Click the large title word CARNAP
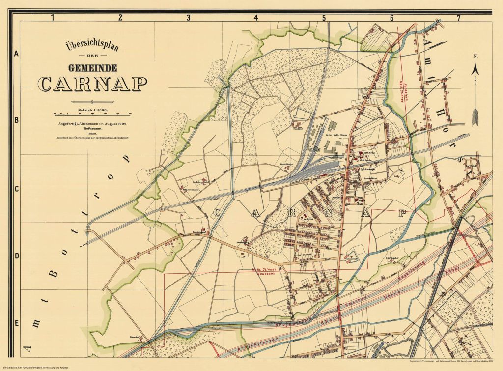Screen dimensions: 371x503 coord(92,84)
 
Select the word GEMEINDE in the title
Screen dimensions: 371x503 coord(92,68)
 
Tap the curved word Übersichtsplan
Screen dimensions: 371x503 coord(92,48)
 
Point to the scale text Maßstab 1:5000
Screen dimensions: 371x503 coord(92,110)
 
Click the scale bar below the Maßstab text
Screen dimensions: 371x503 coord(92,104)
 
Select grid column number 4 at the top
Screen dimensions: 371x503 coord(255,18)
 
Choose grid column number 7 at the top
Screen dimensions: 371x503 coord(458,18)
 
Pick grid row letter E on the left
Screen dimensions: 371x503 coord(17,323)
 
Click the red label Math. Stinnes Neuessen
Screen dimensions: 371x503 coord(265,271)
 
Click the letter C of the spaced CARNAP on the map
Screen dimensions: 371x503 coord(217,212)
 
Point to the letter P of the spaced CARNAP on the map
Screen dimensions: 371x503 coord(403,213)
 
